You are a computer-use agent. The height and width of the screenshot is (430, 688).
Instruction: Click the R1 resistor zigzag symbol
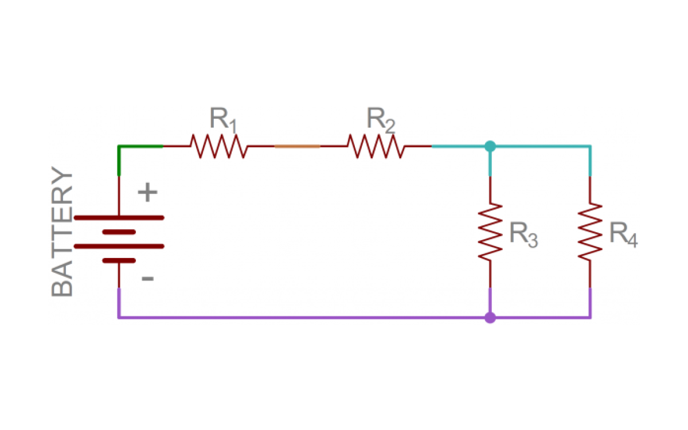coord(219,146)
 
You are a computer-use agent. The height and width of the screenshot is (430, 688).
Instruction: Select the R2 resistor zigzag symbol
coord(376,146)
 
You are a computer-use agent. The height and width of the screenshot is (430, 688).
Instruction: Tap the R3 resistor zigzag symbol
coord(490,232)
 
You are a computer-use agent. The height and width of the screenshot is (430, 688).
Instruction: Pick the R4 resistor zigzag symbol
coord(590,232)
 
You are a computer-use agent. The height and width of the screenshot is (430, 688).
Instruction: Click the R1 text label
coord(223,120)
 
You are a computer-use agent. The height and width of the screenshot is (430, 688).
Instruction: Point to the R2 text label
coord(381,120)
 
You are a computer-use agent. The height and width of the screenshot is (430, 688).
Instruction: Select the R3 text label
coord(523,234)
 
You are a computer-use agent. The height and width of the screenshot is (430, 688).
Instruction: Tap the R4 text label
coord(624,234)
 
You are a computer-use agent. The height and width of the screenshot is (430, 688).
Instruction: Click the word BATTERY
coord(62,232)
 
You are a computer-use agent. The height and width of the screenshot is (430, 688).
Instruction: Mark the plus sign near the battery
coord(148,192)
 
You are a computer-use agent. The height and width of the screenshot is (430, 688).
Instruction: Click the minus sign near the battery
coord(148,279)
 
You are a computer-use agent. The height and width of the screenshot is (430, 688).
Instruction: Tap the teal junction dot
coord(490,146)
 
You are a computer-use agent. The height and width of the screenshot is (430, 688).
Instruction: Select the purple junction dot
coord(490,318)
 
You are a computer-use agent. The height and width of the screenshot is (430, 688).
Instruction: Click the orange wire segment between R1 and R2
coord(297,147)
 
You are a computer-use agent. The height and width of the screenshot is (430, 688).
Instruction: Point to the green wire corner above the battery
coord(119,147)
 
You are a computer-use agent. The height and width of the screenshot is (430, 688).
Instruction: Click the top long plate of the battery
coord(119,218)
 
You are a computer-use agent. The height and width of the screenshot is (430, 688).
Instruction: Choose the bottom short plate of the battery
coord(119,261)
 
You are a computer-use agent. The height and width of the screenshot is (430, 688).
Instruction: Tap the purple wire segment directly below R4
coord(590,303)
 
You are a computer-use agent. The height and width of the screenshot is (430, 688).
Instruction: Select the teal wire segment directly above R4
coord(590,161)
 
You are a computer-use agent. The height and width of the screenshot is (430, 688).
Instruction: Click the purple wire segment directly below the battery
coord(119,303)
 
